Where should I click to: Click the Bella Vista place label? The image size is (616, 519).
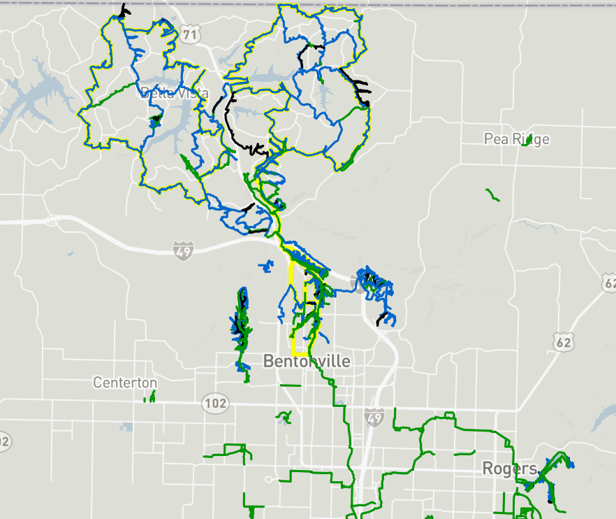[x=175, y=92]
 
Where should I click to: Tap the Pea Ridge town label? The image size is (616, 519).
[x=516, y=139]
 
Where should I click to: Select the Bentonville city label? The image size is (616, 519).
[x=307, y=361]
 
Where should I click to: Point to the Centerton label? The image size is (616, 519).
[x=125, y=383]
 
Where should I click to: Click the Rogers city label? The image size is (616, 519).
[x=509, y=468]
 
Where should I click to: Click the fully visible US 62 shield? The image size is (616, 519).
[x=562, y=342]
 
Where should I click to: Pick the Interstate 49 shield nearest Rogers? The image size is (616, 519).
[x=374, y=418]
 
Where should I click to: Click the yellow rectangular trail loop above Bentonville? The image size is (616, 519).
[x=291, y=308]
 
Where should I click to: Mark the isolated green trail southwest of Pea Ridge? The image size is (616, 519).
[x=493, y=194]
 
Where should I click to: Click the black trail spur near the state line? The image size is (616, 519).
[x=124, y=11]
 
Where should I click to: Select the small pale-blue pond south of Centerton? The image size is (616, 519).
[x=126, y=426]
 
